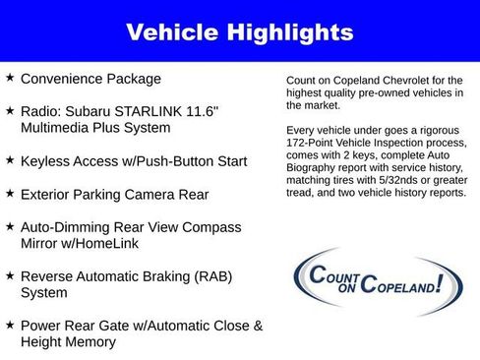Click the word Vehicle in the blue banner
click(x=174, y=32)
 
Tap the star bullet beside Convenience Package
click(x=10, y=78)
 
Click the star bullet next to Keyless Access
click(x=10, y=159)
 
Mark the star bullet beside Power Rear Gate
click(x=10, y=325)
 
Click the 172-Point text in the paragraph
click(x=310, y=143)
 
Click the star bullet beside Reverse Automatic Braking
click(x=10, y=275)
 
